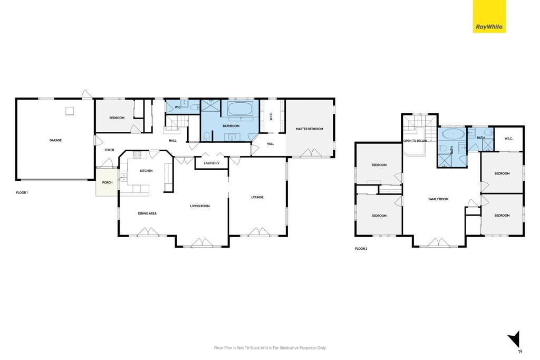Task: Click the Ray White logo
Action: (489, 16)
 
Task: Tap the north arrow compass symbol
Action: (514, 339)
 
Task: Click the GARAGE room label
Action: (55, 140)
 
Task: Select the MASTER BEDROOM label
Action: (309, 129)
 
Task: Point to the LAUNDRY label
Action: (211, 163)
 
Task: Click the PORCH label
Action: (107, 182)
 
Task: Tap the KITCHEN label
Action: (146, 171)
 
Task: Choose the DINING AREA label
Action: (147, 213)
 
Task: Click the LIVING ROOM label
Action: (200, 206)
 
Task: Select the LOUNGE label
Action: (257, 197)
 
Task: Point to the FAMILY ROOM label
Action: (438, 199)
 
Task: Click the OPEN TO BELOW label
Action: (415, 141)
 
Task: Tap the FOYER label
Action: (109, 150)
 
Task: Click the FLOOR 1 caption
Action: (22, 193)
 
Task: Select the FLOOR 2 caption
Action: (361, 248)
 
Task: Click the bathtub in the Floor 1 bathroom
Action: (240, 109)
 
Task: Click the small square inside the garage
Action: (70, 111)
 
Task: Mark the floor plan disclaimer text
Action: (269, 347)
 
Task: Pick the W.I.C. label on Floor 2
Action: (508, 139)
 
